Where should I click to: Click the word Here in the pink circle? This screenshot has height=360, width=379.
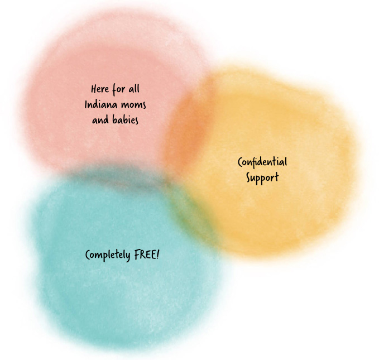[100, 89]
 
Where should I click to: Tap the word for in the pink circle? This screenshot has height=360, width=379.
[118, 89]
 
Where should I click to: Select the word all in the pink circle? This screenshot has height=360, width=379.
[134, 89]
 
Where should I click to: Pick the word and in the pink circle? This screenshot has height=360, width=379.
[100, 120]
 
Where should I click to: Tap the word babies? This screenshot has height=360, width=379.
[125, 119]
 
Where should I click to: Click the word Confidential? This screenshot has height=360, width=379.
[262, 162]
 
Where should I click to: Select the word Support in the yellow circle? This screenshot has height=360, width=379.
[262, 178]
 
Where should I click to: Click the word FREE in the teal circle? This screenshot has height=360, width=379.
[145, 255]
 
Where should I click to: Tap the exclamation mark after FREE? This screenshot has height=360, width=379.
[158, 255]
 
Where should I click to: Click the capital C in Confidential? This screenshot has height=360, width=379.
[241, 162]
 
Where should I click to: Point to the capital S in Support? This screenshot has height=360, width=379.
[249, 177]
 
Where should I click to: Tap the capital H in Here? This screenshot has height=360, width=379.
[94, 89]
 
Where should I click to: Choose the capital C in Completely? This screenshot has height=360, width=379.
[88, 255]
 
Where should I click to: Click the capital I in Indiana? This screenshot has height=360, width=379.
[86, 104]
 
